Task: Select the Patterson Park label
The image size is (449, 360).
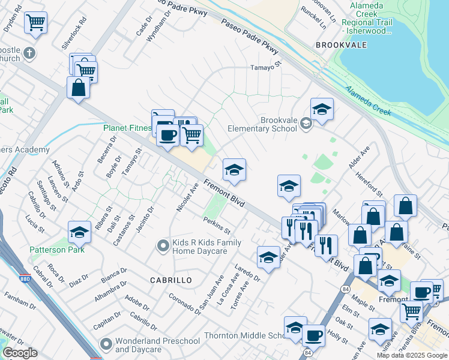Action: [59, 249]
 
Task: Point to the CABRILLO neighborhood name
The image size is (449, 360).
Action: [171, 280]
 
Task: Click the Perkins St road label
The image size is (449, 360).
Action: [217, 225]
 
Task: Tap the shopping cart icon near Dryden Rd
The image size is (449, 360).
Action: [35, 23]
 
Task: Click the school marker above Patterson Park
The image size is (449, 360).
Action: [79, 232]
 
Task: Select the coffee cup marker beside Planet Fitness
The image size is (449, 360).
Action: [168, 134]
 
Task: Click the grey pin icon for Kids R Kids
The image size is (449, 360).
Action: [161, 245]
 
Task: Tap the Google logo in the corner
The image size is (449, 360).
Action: [20, 353]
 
